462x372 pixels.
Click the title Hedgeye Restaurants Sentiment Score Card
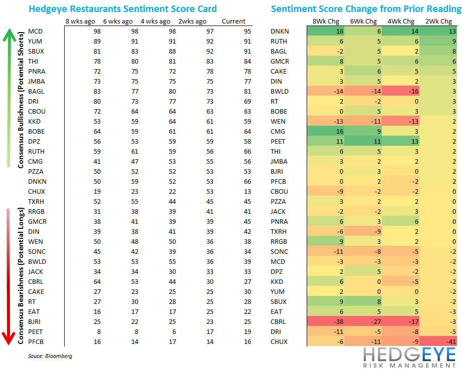pyautogui.click(x=123, y=9)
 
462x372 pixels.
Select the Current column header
pyautogui.click(x=234, y=22)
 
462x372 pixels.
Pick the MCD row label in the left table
pyautogui.click(x=35, y=32)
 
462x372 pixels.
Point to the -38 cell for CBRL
pyautogui.click(x=326, y=321)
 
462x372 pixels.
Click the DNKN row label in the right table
pyautogui.click(x=279, y=32)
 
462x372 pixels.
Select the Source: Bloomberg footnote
pyautogui.click(x=50, y=356)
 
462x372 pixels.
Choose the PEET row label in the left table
pyautogui.click(x=36, y=331)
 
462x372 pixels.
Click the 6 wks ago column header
pyautogui.click(x=118, y=22)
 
